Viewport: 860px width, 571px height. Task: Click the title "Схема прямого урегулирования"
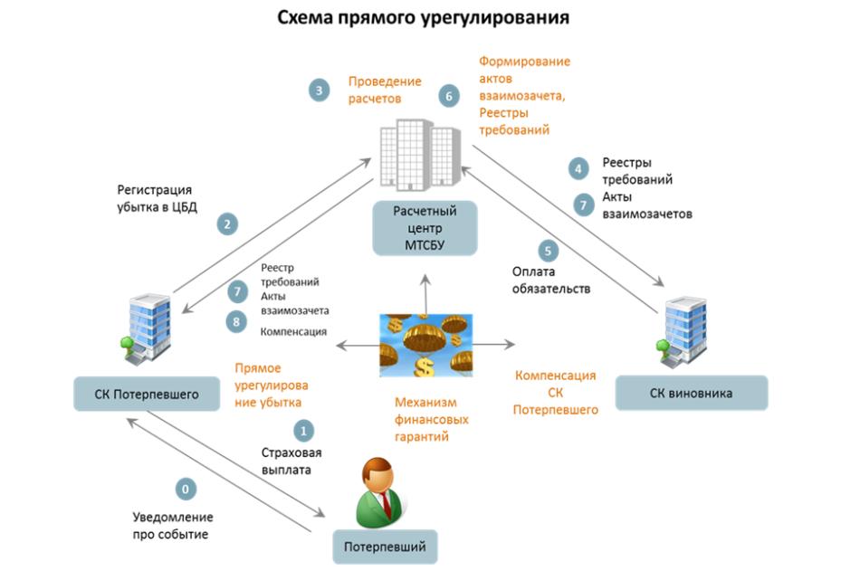423,17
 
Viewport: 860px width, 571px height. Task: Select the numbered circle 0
186,490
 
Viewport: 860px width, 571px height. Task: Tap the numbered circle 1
304,430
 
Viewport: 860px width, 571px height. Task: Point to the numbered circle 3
318,90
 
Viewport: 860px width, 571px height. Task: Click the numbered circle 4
578,167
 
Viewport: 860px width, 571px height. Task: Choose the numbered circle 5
547,250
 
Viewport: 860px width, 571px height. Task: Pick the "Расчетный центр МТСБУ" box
425,229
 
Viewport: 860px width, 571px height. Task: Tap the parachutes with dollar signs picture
425,345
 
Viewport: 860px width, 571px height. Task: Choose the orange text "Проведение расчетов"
374,90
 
